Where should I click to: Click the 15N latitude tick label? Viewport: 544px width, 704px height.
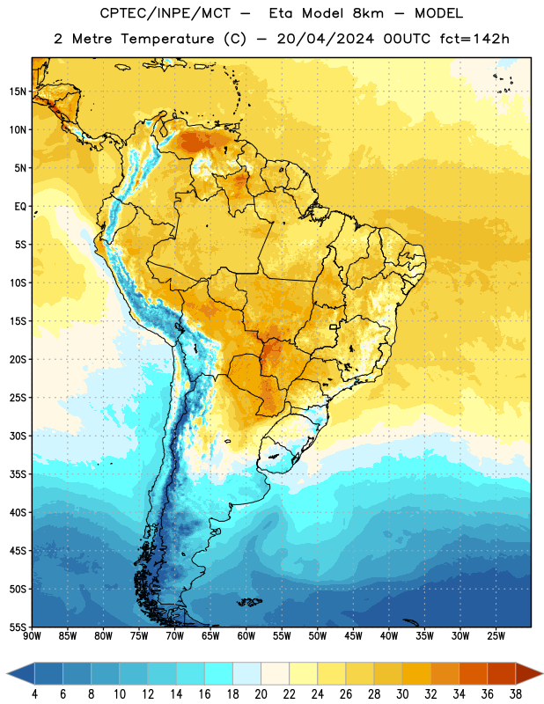click(18, 92)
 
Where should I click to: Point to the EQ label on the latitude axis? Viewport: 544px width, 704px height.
click(20, 207)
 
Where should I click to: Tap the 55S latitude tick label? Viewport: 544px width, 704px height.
click(18, 627)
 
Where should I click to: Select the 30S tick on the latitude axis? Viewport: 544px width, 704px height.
click(18, 436)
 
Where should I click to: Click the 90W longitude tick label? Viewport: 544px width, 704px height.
click(32, 635)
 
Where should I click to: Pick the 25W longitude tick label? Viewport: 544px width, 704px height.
click(496, 635)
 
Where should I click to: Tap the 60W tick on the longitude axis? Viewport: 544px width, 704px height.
click(246, 635)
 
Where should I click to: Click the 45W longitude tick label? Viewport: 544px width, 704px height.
click(353, 635)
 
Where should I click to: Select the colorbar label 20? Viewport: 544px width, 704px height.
click(261, 694)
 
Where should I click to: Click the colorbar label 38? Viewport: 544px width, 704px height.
click(516, 694)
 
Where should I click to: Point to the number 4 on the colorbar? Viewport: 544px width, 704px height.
click(34, 694)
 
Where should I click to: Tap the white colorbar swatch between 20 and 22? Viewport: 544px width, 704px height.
click(275, 673)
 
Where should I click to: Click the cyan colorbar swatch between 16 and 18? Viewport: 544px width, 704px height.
click(218, 673)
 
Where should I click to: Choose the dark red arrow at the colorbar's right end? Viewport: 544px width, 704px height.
click(529, 673)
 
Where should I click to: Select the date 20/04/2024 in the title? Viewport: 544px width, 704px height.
click(325, 39)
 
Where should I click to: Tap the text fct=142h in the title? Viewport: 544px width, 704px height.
click(474, 39)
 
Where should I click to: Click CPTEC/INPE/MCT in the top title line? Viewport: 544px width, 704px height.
click(165, 13)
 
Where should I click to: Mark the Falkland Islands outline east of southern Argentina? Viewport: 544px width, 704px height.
click(250, 602)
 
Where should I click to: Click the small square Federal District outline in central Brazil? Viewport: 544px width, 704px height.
click(333, 326)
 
